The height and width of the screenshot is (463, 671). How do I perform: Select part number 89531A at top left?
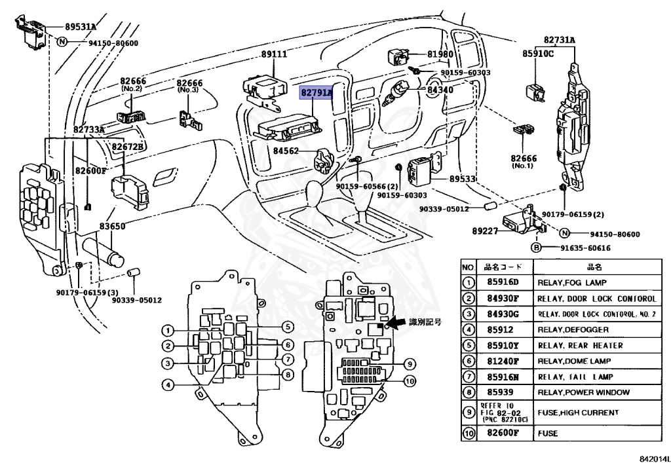click(80, 27)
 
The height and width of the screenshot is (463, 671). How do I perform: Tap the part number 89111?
click(274, 54)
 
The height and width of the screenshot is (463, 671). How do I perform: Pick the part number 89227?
click(485, 231)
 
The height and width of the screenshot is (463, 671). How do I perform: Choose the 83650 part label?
click(112, 226)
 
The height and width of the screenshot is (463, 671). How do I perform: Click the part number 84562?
click(286, 152)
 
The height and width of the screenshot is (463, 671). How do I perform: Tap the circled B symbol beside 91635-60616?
click(535, 248)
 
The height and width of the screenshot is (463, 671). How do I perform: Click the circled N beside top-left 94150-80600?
click(62, 43)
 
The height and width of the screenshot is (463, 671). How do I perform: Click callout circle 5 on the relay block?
click(286, 326)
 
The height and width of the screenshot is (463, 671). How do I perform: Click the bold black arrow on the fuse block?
click(396, 323)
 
